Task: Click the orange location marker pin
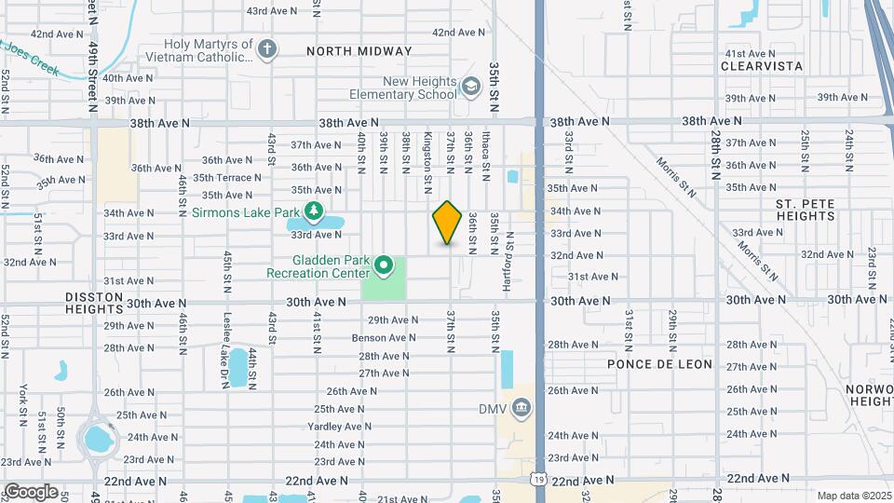pyautogui.click(x=448, y=223)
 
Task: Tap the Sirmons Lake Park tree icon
pyautogui.click(x=315, y=211)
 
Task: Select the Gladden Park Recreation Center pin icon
pyautogui.click(x=383, y=267)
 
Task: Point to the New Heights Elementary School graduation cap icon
pyautogui.click(x=471, y=87)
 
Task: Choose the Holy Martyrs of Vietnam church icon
pyautogui.click(x=267, y=49)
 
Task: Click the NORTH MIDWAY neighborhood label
pyautogui.click(x=359, y=51)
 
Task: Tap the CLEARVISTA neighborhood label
pyautogui.click(x=763, y=66)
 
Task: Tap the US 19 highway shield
pyautogui.click(x=539, y=478)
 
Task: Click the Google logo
pyautogui.click(x=31, y=491)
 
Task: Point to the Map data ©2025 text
pyautogui.click(x=854, y=496)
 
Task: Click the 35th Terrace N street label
pyautogui.click(x=222, y=177)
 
